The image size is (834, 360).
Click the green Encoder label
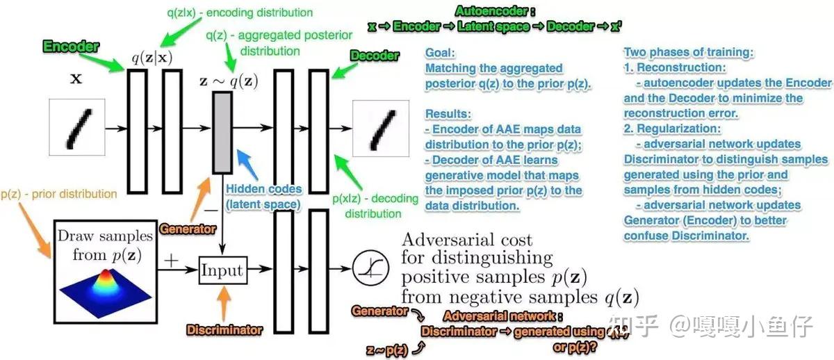(x=71, y=47)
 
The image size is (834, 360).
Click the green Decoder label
(x=374, y=56)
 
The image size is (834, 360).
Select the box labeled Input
(x=222, y=270)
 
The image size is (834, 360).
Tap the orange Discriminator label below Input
(x=224, y=330)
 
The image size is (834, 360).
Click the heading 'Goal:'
(x=439, y=53)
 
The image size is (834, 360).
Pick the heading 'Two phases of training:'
(x=687, y=53)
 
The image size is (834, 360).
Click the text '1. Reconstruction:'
(x=673, y=68)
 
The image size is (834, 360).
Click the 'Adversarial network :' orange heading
(x=493, y=316)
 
